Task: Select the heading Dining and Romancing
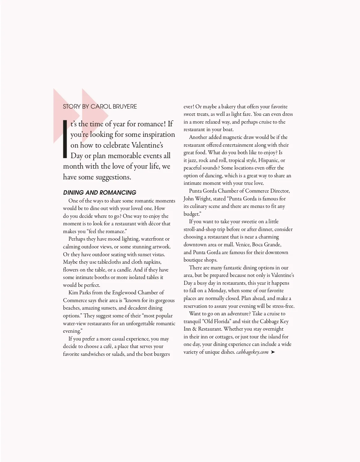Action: click(100, 193)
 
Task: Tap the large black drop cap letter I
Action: click(65, 139)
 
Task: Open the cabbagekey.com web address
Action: click(252, 352)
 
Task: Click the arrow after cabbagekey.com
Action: click(273, 352)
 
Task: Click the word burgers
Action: click(161, 354)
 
